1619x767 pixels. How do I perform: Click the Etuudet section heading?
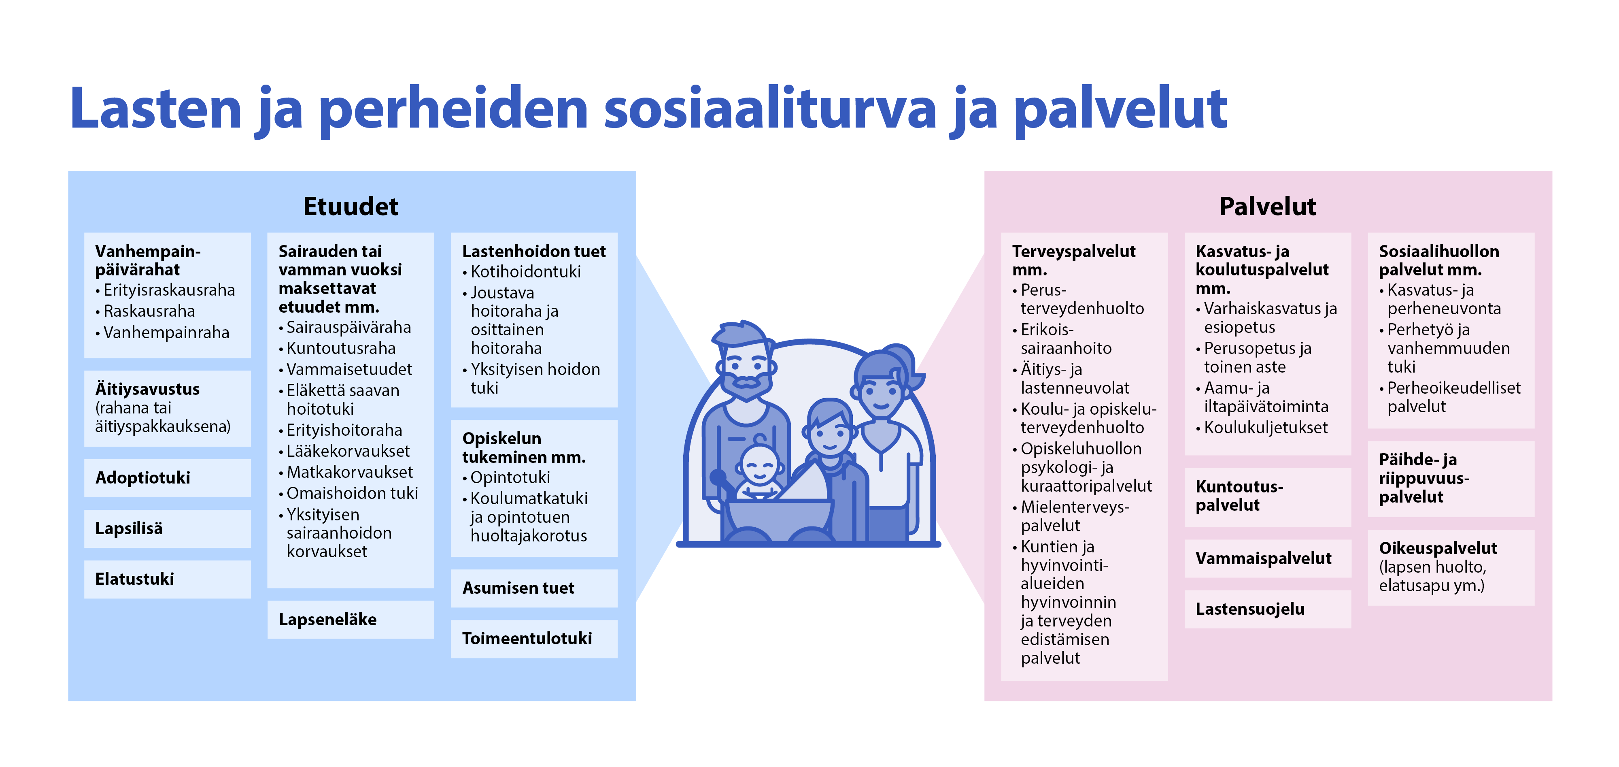350,206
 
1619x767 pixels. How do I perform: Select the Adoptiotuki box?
167,478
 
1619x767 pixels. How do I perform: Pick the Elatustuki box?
167,579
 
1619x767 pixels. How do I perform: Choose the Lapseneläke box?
351,620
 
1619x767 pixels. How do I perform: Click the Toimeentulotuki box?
534,639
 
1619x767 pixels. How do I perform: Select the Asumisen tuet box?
534,588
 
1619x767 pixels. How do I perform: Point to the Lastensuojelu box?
1268,609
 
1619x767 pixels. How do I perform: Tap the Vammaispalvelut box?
1268,558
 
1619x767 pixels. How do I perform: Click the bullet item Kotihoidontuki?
522,272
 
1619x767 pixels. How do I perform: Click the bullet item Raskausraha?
145,311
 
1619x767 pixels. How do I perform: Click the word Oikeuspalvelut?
1438,548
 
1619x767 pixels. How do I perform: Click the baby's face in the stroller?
760,467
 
